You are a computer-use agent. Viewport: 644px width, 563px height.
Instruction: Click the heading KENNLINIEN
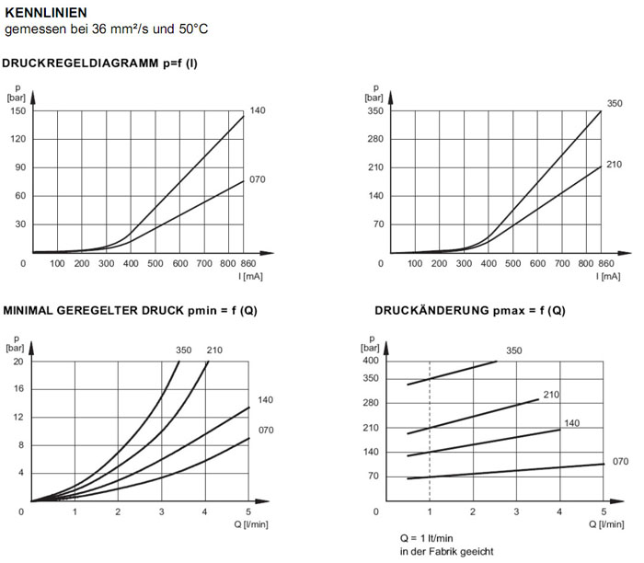(47, 13)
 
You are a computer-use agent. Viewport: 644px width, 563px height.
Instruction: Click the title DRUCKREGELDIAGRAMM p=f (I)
(101, 63)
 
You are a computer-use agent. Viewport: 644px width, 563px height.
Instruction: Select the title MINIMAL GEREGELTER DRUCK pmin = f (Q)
(130, 310)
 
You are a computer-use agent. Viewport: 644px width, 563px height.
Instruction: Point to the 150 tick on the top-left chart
(17, 110)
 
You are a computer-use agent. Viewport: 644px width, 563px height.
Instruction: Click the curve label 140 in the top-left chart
(258, 110)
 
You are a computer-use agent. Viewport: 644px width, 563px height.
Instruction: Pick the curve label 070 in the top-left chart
(258, 179)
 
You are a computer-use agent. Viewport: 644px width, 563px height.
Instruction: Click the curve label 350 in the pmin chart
(184, 350)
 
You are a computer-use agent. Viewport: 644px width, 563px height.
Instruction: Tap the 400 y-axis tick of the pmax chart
(369, 360)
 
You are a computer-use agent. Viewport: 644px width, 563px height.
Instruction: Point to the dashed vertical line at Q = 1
(430, 432)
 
